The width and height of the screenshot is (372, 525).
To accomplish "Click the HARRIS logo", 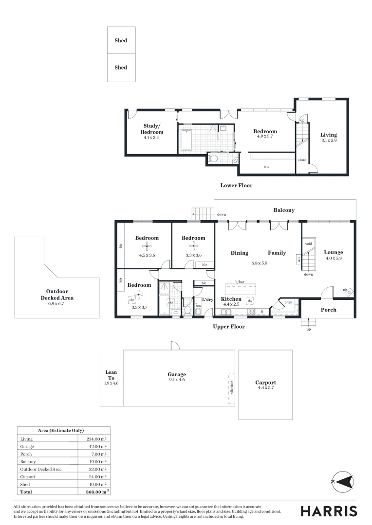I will tap(329, 511).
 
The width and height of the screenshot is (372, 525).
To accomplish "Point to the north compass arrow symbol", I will tap(343, 481).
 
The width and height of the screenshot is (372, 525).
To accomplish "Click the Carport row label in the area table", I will tap(27, 477).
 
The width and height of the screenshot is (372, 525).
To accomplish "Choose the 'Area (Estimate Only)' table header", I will tap(61, 430).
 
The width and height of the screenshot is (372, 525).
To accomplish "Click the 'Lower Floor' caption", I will tap(236, 185).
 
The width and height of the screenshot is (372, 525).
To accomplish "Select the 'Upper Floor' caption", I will tap(229, 327).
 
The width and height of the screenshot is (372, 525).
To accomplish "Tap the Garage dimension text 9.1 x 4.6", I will tap(177, 380).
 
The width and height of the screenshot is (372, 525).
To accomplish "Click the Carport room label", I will tap(265, 383).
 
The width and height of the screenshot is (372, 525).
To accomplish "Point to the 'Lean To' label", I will tap(111, 375).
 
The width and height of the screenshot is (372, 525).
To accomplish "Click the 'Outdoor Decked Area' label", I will tap(57, 294).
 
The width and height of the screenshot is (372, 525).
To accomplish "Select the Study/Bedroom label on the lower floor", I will tap(152, 129).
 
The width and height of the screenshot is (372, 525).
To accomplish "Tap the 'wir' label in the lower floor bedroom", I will tap(266, 166).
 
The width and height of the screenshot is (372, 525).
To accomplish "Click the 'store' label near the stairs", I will tap(302, 159).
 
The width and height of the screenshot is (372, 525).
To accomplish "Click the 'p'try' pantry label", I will tap(287, 302).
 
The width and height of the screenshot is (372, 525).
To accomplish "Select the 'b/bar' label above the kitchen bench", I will tap(239, 282).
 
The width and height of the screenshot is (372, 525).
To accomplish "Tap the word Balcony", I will tap(284, 210).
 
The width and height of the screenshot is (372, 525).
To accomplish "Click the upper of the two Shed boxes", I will tap(121, 40).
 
